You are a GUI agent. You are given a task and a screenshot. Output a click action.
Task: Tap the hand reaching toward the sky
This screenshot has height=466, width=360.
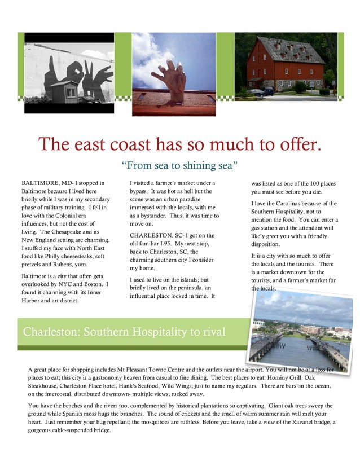tap(170, 79)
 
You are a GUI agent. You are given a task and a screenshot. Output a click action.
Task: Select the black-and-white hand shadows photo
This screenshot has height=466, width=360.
tap(69, 72)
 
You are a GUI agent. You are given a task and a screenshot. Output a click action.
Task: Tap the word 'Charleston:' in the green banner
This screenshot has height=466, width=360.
tap(51, 331)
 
